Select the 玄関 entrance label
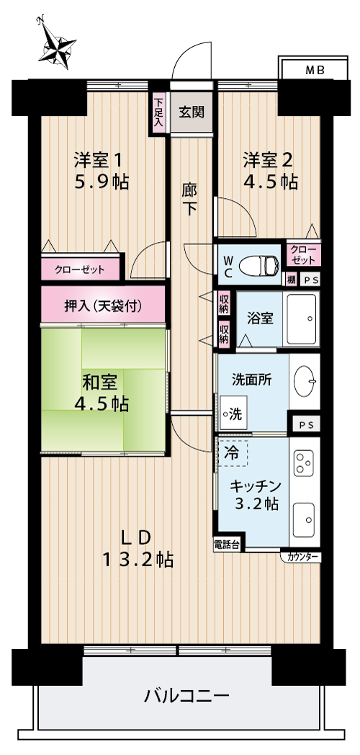point(192,112)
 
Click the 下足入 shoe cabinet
point(158,112)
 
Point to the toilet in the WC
point(259,265)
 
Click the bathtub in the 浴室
point(302,318)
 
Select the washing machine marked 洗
point(233,413)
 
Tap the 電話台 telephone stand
point(228,545)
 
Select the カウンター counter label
point(302,557)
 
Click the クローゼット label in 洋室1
point(79,269)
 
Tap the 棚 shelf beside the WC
point(291,280)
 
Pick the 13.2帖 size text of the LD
point(138,559)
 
